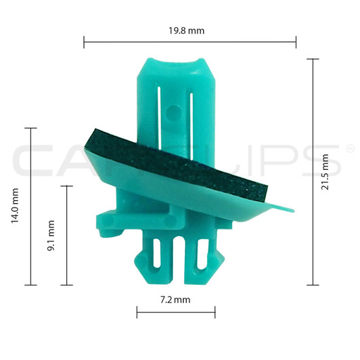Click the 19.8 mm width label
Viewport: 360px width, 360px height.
point(189,30)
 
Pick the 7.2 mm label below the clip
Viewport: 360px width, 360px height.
point(175,298)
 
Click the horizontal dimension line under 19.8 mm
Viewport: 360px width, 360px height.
point(189,43)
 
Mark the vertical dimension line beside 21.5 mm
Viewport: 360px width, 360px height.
point(312,172)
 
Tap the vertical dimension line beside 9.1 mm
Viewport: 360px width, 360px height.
point(66,235)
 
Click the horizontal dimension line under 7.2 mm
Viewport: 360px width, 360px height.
point(175,312)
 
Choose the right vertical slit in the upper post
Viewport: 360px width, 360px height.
point(191,112)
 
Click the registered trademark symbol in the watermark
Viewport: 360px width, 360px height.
point(350,148)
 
